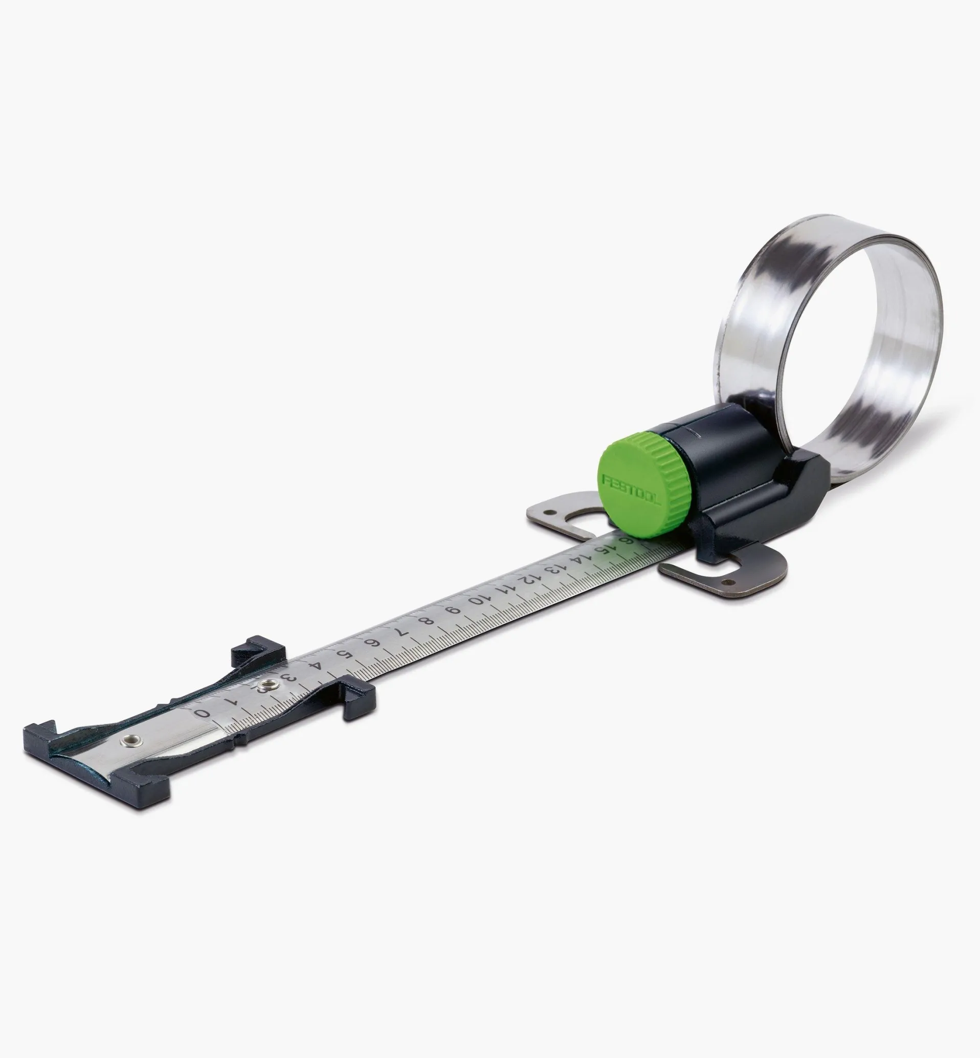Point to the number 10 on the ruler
[x=475, y=601]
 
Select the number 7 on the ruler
[x=401, y=633]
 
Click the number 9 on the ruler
[x=452, y=611]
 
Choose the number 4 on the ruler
[x=317, y=666]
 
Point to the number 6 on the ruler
[x=374, y=643]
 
